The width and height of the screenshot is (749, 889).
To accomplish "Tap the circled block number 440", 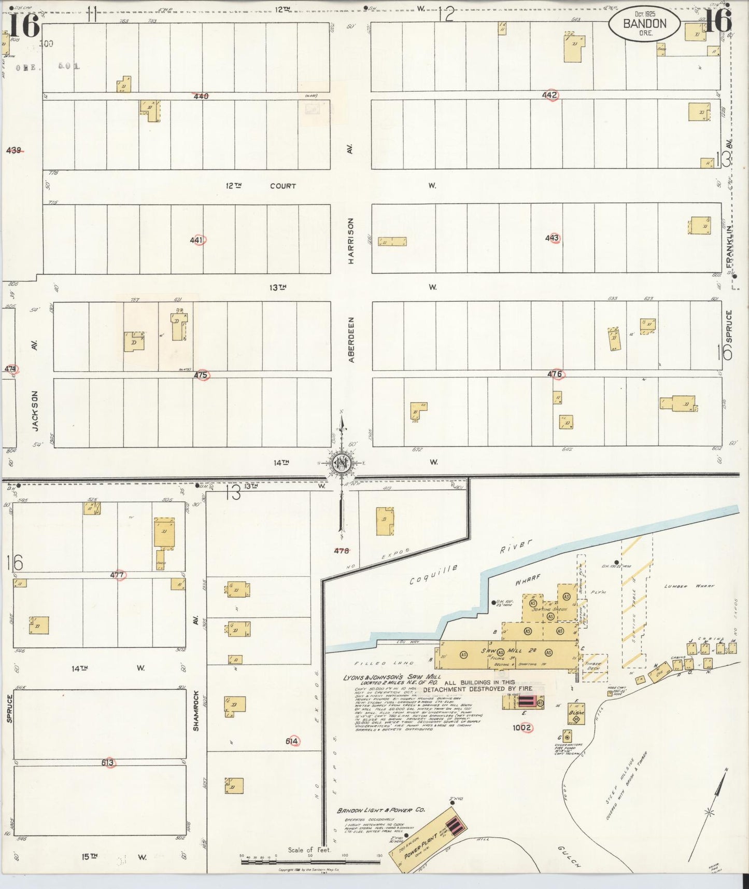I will [201, 96].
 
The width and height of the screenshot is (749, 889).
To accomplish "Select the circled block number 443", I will [552, 238].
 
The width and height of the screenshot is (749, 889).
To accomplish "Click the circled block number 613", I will [108, 763].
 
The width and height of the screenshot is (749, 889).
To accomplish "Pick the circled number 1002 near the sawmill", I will [522, 728].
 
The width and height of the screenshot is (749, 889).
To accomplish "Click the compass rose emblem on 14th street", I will [342, 463].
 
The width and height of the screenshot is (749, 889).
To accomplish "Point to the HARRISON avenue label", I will [351, 241].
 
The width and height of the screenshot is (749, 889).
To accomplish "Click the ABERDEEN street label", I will [351, 340].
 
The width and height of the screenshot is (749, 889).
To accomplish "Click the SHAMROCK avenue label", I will [196, 711].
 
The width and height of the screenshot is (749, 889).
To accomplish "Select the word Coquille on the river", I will [433, 575].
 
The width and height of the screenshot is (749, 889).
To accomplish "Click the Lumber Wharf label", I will [689, 587].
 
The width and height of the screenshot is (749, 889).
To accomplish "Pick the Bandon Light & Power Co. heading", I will [374, 811].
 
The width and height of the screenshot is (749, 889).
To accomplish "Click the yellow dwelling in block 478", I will [385, 521].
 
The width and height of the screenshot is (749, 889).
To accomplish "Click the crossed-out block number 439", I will [14, 150].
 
